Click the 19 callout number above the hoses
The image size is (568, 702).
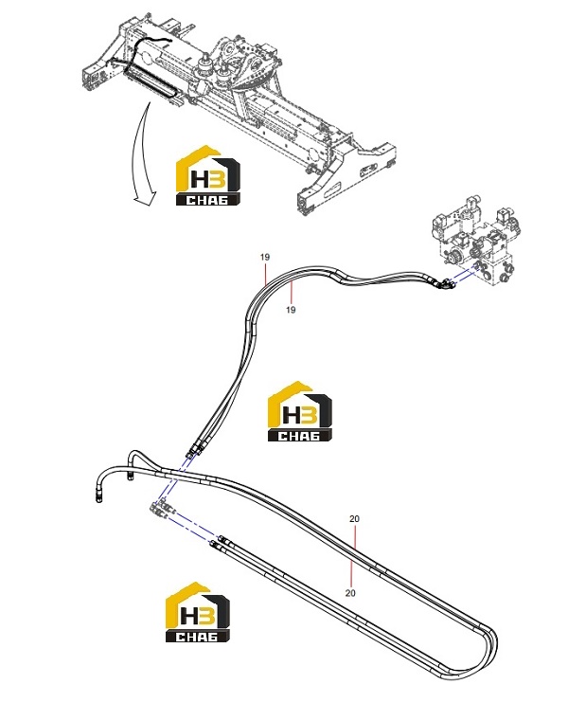coord(265,257)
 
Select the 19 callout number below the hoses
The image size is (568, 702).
coord(291,310)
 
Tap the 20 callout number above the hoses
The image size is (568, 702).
coord(354,519)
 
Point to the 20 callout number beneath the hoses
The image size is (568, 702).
coord(350,593)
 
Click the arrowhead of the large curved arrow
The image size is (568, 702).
coord(146,197)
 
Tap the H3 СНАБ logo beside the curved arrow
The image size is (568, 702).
coord(208,175)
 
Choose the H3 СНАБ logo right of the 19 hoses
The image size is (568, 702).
coord(300,411)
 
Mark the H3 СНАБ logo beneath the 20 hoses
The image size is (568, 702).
coord(197,612)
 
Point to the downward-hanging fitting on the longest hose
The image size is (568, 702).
coord(98,496)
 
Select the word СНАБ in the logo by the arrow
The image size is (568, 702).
coord(208,200)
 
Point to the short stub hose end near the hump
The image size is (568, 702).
coord(130,476)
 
